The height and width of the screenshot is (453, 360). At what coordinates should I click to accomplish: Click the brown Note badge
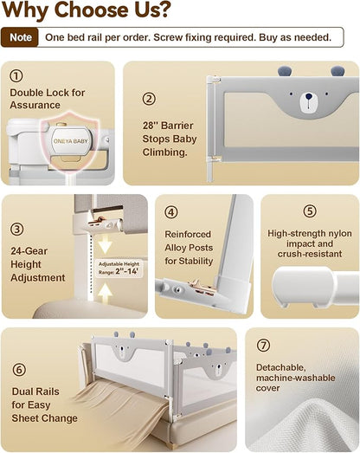(20, 37)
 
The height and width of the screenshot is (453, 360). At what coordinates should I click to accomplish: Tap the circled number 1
(16, 76)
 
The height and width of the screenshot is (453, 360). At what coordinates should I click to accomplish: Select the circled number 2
(149, 99)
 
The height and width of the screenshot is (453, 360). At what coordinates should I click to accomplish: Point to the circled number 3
(17, 230)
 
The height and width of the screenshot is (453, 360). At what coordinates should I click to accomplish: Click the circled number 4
(171, 212)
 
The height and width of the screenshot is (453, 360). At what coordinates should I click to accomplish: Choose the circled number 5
(310, 210)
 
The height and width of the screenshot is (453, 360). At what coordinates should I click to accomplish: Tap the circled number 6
(19, 370)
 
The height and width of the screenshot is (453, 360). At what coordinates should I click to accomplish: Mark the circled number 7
(263, 346)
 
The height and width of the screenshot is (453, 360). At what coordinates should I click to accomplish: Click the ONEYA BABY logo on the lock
(71, 141)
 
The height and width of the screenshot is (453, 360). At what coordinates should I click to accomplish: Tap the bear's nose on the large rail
(309, 96)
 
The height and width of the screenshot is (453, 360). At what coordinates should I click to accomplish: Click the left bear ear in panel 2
(285, 71)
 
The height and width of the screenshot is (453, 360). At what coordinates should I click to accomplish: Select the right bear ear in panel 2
(337, 70)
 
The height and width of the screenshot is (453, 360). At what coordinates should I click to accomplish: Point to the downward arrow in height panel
(105, 244)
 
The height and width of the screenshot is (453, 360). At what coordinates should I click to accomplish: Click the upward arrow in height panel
(105, 293)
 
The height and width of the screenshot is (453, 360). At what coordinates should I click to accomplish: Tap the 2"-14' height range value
(127, 271)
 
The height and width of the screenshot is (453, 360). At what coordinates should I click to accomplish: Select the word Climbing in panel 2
(164, 152)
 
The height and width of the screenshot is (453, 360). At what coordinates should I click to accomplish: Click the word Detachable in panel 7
(280, 367)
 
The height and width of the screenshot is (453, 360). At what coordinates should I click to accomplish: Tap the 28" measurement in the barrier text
(150, 126)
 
